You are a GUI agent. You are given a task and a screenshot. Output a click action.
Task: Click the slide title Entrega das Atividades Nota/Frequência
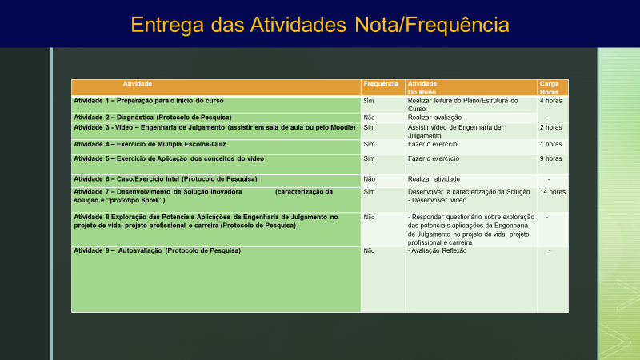pyautogui.click(x=320, y=25)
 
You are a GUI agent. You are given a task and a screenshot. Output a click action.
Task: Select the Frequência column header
pyautogui.click(x=381, y=84)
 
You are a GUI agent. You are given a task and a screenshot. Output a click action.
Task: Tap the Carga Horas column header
pyautogui.click(x=549, y=88)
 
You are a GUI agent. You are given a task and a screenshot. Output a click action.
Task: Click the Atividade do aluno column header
pyautogui.click(x=422, y=88)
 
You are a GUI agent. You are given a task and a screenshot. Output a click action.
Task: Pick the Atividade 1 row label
pyautogui.click(x=149, y=101)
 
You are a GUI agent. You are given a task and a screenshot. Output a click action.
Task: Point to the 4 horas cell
pyautogui.click(x=550, y=101)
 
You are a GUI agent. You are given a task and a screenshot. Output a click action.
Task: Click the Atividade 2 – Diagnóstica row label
pyautogui.click(x=153, y=118)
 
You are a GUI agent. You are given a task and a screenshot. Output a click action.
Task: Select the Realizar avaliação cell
pyautogui.click(x=434, y=118)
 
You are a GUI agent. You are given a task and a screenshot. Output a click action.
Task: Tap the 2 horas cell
pyautogui.click(x=550, y=127)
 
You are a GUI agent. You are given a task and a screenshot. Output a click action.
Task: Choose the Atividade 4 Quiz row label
pyautogui.click(x=150, y=144)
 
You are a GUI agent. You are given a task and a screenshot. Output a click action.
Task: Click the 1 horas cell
pyautogui.click(x=550, y=144)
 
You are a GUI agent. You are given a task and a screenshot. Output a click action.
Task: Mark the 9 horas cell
pyautogui.click(x=550, y=158)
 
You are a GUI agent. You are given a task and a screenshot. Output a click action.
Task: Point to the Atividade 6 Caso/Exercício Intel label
pyautogui.click(x=166, y=179)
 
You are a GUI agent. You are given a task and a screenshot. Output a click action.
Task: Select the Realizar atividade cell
pyautogui.click(x=434, y=179)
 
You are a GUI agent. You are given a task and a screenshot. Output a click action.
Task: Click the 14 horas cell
pyautogui.click(x=553, y=192)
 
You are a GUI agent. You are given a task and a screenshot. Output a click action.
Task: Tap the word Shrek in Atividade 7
pyautogui.click(x=150, y=201)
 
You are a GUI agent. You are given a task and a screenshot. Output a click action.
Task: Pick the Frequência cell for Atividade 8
pyautogui.click(x=369, y=217)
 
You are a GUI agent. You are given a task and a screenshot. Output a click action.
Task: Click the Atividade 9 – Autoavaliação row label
pyautogui.click(x=157, y=250)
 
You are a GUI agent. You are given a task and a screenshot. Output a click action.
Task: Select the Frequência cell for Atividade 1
pyautogui.click(x=369, y=101)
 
